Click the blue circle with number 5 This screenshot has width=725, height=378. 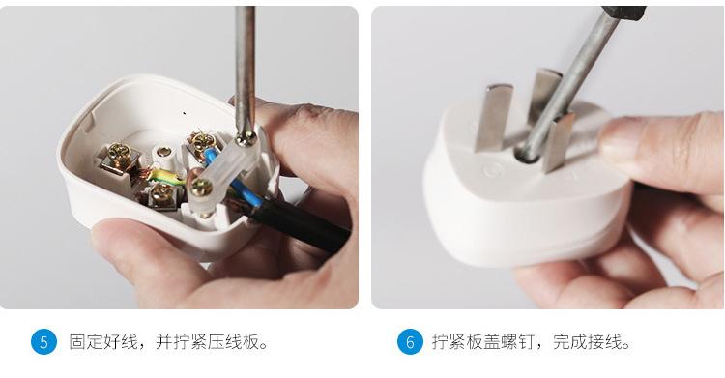(x=43, y=342)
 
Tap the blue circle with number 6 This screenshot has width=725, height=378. (x=410, y=342)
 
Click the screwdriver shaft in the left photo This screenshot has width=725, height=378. (x=246, y=58)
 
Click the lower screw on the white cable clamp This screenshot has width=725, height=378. (x=202, y=188)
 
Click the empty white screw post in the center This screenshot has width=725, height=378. (x=163, y=152)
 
